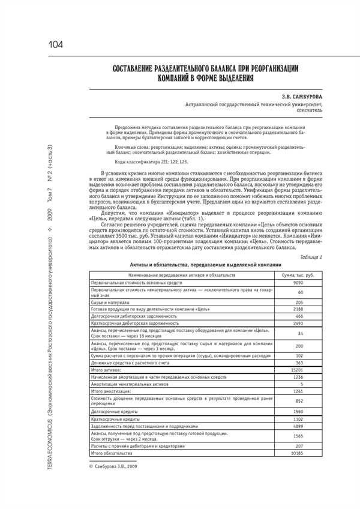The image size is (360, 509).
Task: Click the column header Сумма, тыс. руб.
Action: click(299, 274)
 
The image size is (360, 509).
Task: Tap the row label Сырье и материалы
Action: click(109, 302)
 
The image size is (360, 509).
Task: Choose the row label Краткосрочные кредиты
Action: click(112, 419)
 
